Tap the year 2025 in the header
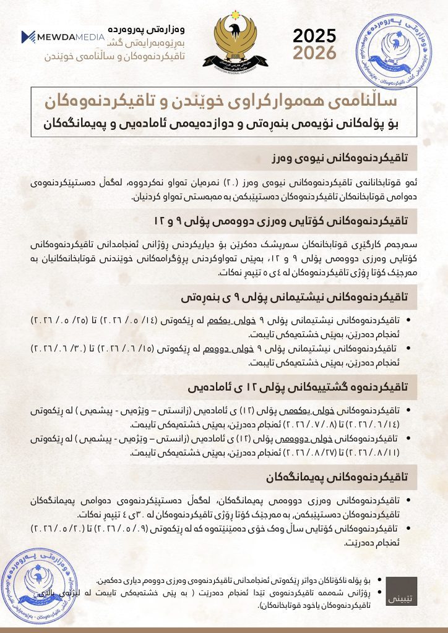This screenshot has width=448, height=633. coord(315,36)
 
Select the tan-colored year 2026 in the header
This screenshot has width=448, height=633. coord(315,53)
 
